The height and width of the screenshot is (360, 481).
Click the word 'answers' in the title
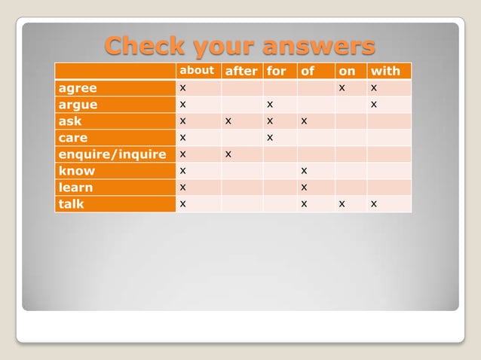[x=319, y=46]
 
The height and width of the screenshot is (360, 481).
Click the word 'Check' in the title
[x=145, y=46]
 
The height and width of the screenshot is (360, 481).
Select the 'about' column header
[x=196, y=71]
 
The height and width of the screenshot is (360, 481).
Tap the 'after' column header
[x=241, y=72]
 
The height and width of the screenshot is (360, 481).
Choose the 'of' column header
[x=307, y=72]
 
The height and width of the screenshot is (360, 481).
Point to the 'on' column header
[x=347, y=72]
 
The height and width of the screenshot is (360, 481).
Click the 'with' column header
[x=385, y=72]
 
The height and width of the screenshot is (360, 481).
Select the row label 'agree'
[x=78, y=88]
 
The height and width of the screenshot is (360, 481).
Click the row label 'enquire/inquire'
[x=112, y=154]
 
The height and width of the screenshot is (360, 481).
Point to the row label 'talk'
[x=72, y=204]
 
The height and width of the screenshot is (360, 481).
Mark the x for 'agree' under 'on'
[x=342, y=88]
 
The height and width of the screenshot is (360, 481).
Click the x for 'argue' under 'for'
[x=269, y=104]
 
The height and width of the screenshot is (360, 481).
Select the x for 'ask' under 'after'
[x=228, y=121]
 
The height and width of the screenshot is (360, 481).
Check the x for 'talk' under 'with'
[x=374, y=203]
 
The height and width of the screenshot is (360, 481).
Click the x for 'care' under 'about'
[x=183, y=137]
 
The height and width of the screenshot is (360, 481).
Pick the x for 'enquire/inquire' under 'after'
[x=228, y=154]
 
